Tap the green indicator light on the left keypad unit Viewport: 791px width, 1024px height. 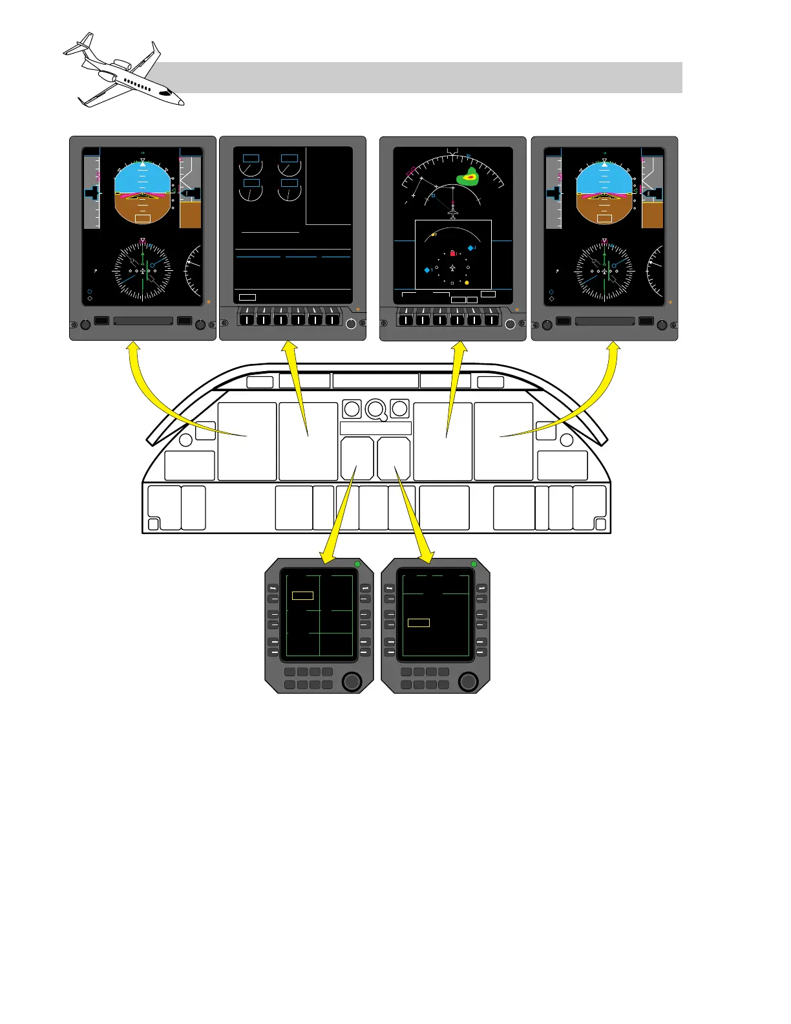357,564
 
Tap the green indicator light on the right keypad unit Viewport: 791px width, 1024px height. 474,564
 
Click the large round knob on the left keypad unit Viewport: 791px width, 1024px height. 352,681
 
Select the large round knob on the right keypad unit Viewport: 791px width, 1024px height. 468,681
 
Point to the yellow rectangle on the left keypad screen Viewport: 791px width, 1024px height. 302,595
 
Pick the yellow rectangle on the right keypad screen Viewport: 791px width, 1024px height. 419,623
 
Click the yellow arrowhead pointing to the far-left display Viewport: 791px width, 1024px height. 132,348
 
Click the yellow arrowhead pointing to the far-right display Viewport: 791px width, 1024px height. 613,348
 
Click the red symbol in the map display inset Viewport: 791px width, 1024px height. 452,253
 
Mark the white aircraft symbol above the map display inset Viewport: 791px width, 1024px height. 453,212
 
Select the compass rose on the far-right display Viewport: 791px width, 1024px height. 604,272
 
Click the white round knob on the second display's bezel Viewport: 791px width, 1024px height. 351,324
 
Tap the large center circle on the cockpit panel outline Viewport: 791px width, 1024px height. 375,409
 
